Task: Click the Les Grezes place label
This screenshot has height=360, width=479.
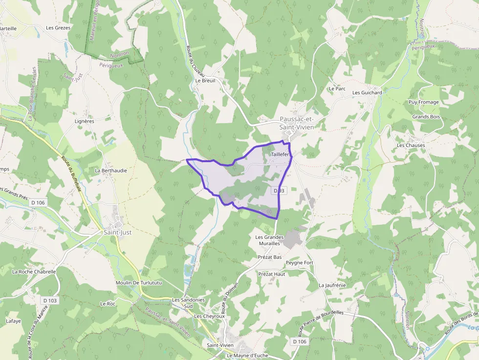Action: (58, 28)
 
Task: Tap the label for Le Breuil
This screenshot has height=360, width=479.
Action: (205, 81)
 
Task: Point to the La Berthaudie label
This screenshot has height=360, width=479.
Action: (111, 170)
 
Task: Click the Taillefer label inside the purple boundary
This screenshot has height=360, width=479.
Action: (281, 154)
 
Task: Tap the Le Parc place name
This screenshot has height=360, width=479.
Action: (337, 89)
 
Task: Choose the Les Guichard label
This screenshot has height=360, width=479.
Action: (367, 92)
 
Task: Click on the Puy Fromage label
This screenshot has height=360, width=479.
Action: (424, 102)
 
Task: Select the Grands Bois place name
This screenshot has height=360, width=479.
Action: (426, 117)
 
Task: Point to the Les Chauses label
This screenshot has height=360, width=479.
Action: (411, 145)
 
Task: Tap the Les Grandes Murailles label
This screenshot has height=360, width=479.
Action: (269, 240)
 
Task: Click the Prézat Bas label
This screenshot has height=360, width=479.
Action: (269, 257)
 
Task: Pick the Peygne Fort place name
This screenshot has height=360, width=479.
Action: (299, 263)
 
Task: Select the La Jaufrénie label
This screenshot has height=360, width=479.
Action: (332, 285)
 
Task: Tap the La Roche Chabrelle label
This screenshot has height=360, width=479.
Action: (34, 272)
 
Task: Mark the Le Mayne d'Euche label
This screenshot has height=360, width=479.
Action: (249, 356)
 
